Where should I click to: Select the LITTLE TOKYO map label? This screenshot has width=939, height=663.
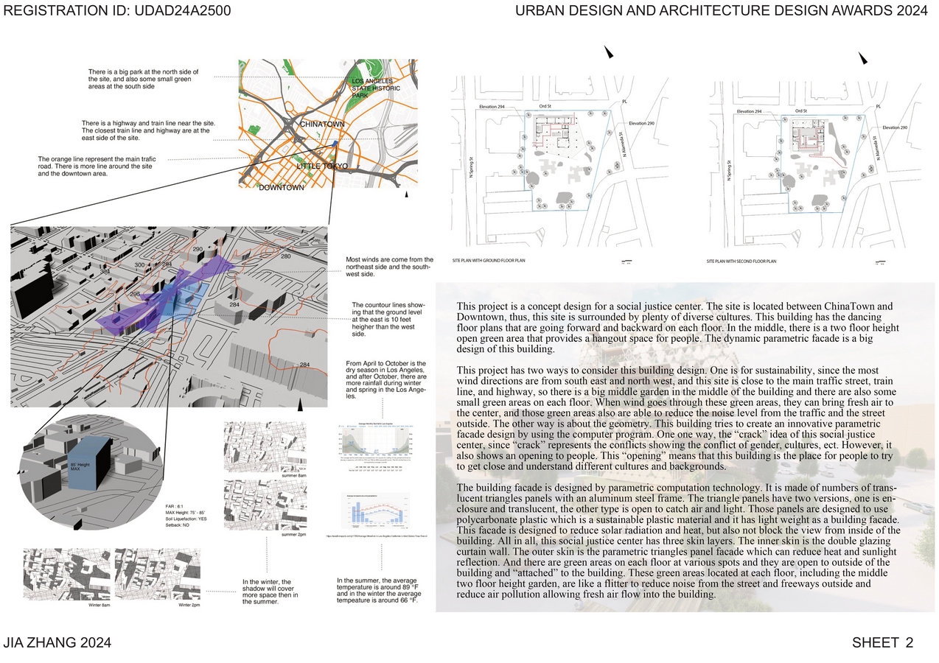pos(321,166)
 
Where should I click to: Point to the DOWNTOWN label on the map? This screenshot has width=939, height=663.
pos(281,188)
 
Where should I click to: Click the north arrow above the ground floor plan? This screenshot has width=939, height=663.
pos(609,52)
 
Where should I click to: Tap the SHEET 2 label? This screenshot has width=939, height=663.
pos(882,642)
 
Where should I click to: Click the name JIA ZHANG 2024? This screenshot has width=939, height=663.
pos(57,642)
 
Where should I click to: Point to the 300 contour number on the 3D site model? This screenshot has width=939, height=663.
pos(139,264)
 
